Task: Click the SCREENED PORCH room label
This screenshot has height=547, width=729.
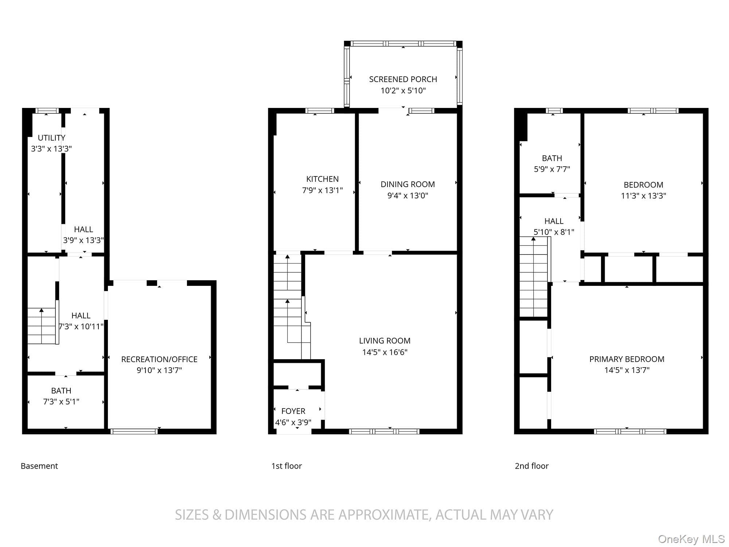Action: pos(403,79)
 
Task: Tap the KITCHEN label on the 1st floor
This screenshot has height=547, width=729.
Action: pos(322,179)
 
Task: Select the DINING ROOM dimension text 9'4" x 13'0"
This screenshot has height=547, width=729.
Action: pos(408,195)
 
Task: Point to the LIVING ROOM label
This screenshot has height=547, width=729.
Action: pos(385,341)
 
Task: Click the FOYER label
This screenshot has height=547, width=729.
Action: pos(293,411)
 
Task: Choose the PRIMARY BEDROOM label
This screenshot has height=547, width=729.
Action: pos(627,359)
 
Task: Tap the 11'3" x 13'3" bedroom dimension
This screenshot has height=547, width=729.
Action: pos(643,196)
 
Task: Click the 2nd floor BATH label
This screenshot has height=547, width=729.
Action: pos(552,158)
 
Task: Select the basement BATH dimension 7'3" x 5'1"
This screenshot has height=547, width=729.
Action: pos(61,401)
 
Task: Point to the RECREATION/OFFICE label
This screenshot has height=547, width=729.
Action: pos(159,359)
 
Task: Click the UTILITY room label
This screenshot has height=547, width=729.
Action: pos(51,138)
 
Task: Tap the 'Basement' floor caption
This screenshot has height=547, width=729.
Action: pos(39,466)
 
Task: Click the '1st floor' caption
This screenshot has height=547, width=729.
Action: pos(286,466)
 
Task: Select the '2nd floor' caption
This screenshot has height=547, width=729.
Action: pos(531,466)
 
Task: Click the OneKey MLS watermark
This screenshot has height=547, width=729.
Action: pos(691,539)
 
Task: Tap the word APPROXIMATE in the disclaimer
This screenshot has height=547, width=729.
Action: pos(383,515)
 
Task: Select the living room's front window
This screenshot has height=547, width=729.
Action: pos(384,431)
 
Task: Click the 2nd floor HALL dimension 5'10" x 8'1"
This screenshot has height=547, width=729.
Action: pos(554,232)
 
